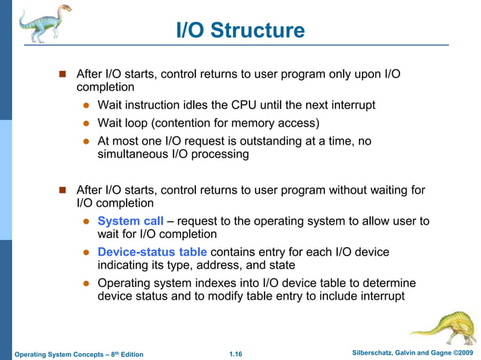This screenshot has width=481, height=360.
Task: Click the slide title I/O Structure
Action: (x=240, y=30)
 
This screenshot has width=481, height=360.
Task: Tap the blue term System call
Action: (x=130, y=221)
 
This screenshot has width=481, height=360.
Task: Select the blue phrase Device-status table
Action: (x=152, y=252)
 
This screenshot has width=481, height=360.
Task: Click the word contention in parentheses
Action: (x=195, y=123)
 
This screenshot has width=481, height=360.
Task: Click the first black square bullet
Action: (x=63, y=75)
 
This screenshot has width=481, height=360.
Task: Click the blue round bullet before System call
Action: (x=87, y=221)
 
